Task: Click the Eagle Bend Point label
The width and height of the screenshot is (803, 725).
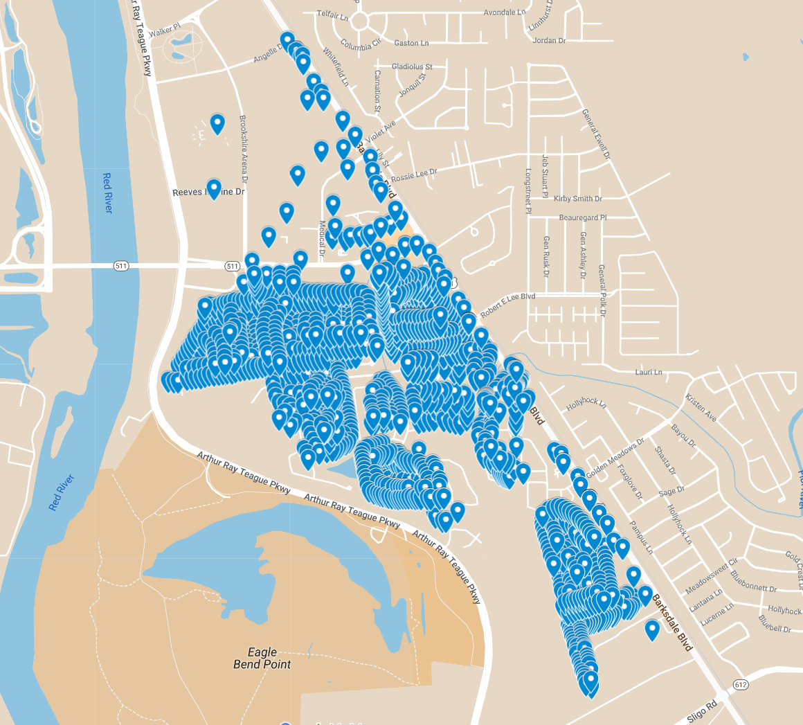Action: pyautogui.click(x=262, y=658)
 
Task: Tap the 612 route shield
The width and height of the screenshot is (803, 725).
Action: pyautogui.click(x=741, y=685)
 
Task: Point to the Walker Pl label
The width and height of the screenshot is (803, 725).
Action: pyautogui.click(x=164, y=30)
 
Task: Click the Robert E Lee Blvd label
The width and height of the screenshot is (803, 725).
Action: pyautogui.click(x=508, y=305)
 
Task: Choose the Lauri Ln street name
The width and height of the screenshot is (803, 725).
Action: pyautogui.click(x=649, y=372)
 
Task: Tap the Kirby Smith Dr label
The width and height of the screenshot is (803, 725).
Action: pyautogui.click(x=578, y=199)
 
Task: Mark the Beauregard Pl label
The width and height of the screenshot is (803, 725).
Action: pyautogui.click(x=583, y=217)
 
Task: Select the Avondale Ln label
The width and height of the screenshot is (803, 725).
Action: pyautogui.click(x=504, y=12)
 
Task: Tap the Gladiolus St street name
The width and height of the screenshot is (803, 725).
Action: pyautogui.click(x=412, y=66)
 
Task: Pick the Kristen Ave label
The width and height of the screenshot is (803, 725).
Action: pyautogui.click(x=701, y=408)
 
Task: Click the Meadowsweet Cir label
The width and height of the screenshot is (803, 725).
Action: pyautogui.click(x=712, y=577)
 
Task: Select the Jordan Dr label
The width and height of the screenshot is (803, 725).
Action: pyautogui.click(x=550, y=40)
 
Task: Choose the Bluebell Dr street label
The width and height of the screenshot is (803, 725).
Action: pyautogui.click(x=775, y=623)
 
